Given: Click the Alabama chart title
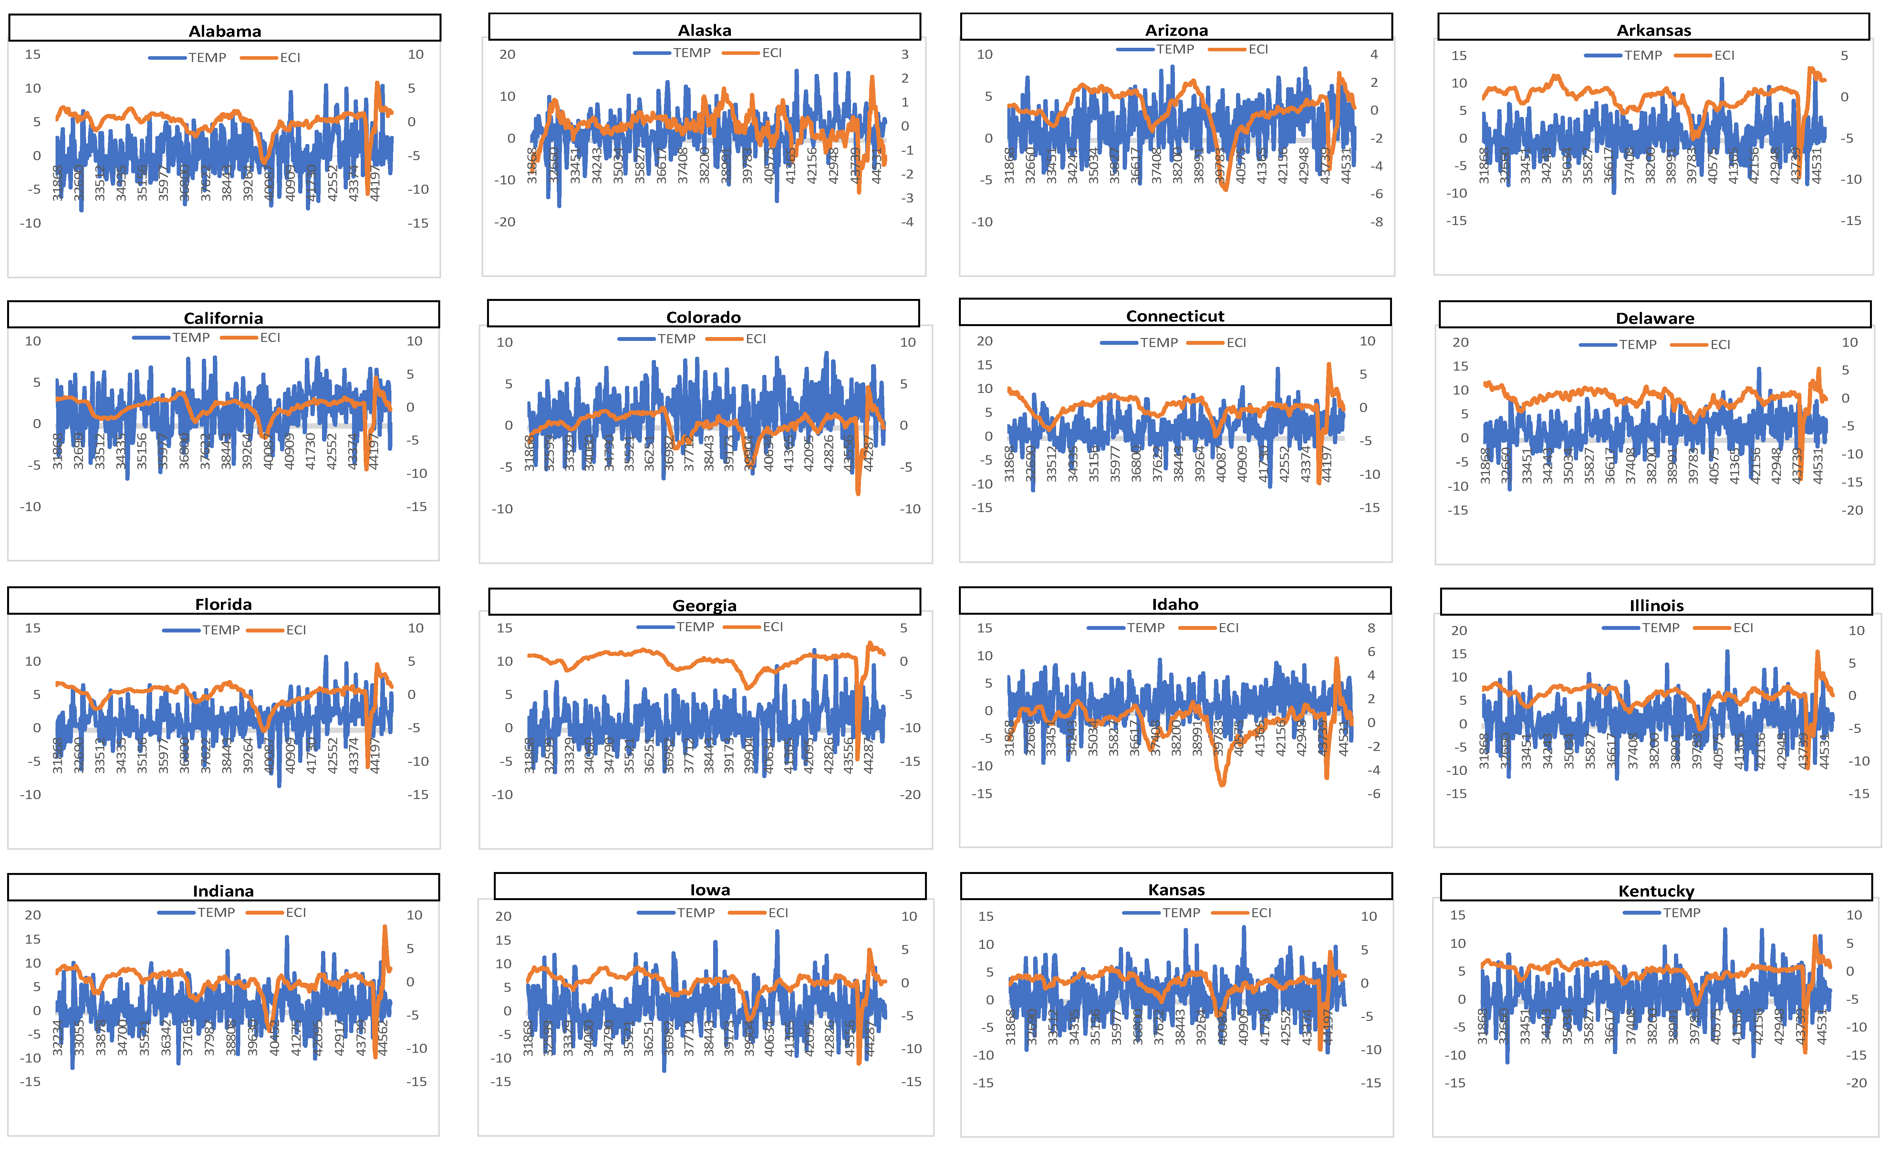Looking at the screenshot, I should pos(225,31).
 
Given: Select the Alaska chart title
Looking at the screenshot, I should pos(704,30).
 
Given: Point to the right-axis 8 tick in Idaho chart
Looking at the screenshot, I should pos(1371,628).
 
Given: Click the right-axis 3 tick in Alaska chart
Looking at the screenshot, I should pos(905,55).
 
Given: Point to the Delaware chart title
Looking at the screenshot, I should pos(1655,318).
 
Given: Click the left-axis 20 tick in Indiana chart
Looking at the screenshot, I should pos(33,915).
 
